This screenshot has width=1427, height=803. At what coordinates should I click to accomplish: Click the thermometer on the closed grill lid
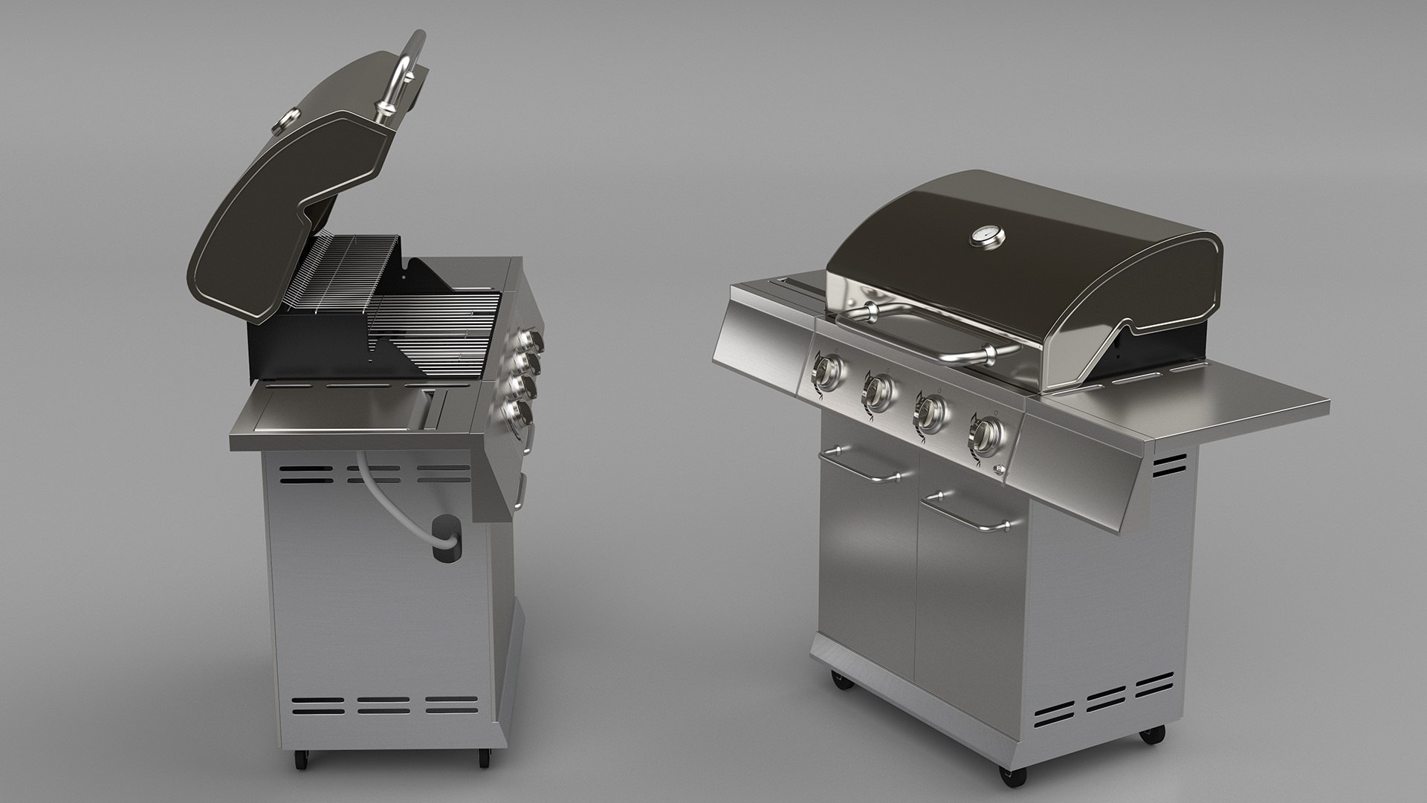coord(987,236)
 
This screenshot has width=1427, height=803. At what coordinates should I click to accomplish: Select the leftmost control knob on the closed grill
coord(827,372)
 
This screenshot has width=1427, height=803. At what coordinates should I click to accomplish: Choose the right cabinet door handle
coord(967,513)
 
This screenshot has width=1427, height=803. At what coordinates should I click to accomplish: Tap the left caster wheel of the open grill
coord(301,758)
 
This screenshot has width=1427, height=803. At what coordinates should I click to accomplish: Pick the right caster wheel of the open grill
coord(483,756)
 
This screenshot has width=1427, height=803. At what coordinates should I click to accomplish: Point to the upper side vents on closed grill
coord(1169,465)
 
